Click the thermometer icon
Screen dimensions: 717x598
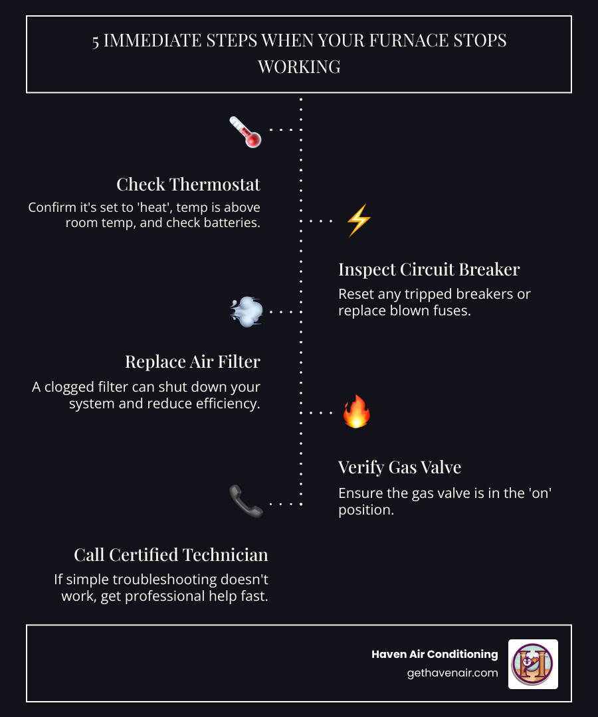[245, 131]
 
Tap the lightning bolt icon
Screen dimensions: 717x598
[358, 220]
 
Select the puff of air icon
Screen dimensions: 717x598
[246, 311]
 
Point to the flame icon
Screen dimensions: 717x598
[356, 412]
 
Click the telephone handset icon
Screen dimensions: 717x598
[245, 501]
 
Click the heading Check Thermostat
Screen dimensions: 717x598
[188, 184]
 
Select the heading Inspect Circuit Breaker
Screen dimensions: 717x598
[429, 270]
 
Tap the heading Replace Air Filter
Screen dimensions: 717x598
[193, 362]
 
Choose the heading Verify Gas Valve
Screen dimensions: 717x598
[399, 467]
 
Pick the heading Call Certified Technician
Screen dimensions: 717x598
[171, 554]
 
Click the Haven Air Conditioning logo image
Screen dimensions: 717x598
[533, 664]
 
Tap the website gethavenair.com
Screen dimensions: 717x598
[452, 673]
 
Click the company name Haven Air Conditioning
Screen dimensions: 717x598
[435, 654]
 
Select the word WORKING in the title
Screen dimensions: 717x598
[299, 67]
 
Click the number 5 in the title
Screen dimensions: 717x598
[96, 40]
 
